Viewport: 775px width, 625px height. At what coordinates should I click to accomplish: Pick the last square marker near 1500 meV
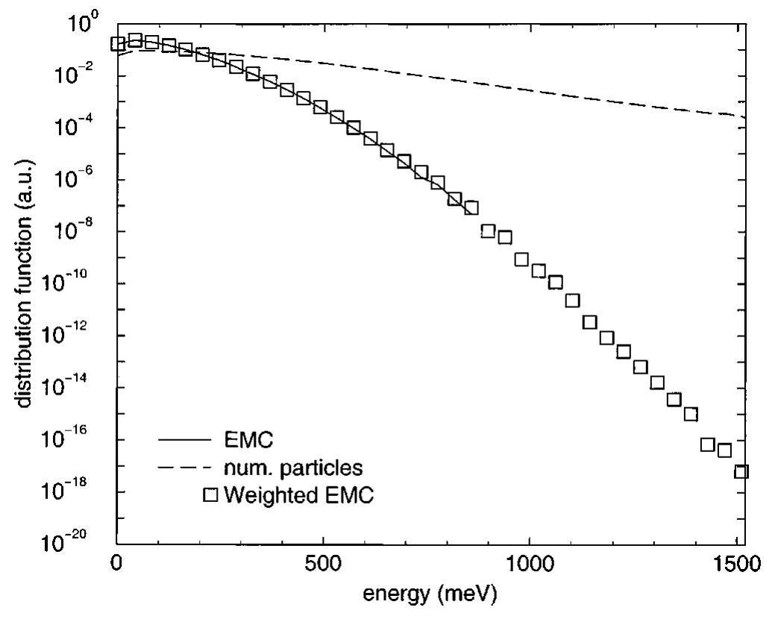coord(741,471)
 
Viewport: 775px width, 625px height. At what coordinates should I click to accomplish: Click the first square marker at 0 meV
coord(117,44)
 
